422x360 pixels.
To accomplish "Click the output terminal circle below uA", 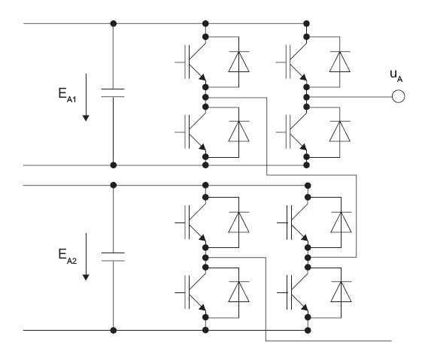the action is tap(398, 96).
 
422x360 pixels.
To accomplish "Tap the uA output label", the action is tap(396, 76).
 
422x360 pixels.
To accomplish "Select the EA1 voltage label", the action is tap(67, 95).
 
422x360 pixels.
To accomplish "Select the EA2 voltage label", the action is tap(67, 256).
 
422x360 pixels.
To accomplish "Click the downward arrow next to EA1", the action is tap(86, 97).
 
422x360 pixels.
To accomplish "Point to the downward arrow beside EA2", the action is tap(86, 257).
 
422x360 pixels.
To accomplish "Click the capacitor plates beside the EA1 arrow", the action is tap(113, 92).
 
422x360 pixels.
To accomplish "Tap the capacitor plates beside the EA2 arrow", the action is tap(113, 257).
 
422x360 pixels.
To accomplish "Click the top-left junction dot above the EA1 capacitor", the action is tap(114, 23).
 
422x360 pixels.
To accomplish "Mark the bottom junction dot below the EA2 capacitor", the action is tap(114, 330).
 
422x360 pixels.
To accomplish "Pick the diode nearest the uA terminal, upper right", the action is tap(340, 62).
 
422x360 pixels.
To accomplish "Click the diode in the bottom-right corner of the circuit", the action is tap(341, 292).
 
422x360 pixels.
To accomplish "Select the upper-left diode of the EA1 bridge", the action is tap(238, 62).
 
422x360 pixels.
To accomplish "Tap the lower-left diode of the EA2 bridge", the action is tap(238, 292).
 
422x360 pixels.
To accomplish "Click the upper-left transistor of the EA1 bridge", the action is tap(191, 62).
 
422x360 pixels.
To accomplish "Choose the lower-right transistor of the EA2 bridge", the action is tap(293, 292).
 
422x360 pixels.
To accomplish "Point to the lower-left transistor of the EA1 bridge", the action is tap(191, 132).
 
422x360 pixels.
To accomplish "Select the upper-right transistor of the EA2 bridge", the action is tap(293, 222).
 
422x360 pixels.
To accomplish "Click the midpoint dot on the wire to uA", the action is tap(306, 97).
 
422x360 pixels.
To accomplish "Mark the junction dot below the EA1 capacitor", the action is tap(114, 165).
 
